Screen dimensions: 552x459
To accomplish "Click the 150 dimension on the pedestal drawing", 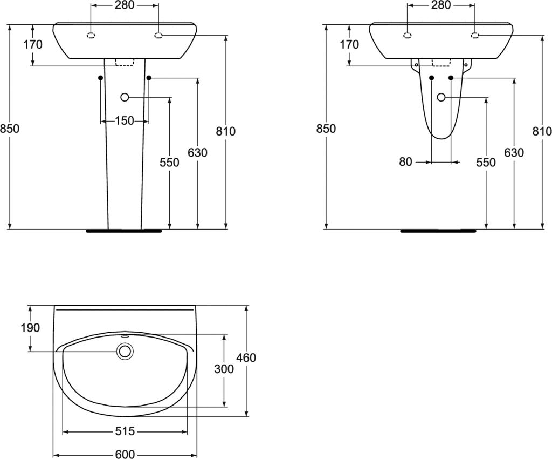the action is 125,121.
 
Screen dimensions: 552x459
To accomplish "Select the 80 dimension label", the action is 405,162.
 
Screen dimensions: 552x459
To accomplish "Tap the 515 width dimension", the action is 125,431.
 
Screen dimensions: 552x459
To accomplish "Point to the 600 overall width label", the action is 125,455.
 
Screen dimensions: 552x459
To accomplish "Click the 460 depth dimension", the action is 246,358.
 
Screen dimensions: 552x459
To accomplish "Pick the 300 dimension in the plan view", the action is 224,369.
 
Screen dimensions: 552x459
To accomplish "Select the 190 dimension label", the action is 30,328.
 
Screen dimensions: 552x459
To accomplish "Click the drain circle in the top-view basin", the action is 125,352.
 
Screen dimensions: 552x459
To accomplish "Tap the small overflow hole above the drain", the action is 125,336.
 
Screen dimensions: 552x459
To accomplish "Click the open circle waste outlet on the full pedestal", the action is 125,97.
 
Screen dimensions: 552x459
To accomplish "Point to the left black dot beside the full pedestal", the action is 101,78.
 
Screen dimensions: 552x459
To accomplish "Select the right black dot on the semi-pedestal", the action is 451,78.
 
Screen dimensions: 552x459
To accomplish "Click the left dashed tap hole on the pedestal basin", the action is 91,35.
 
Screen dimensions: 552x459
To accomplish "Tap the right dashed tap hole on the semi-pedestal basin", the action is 475,35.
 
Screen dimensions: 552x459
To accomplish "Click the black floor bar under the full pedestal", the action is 124,231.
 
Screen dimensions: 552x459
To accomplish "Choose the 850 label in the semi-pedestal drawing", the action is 326,129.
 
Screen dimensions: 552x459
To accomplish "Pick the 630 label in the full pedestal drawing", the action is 197,152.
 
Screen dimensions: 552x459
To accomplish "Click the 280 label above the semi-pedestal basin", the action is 441,5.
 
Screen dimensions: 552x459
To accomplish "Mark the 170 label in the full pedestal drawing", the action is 33,44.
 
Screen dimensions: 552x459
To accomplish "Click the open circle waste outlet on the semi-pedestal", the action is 441,97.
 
